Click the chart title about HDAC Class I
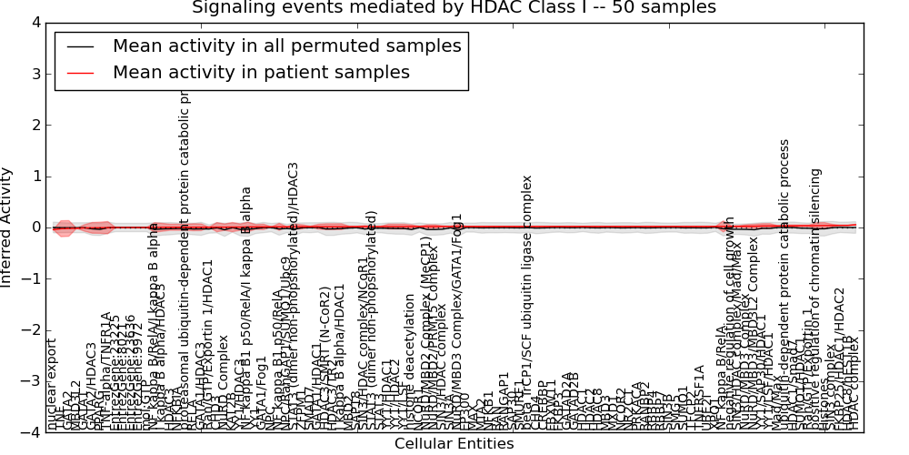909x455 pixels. pos(454,8)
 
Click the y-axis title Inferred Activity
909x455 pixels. pos(8,227)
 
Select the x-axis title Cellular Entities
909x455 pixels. pos(454,444)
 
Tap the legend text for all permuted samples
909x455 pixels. pos(286,46)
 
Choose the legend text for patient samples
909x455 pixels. pos(261,73)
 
